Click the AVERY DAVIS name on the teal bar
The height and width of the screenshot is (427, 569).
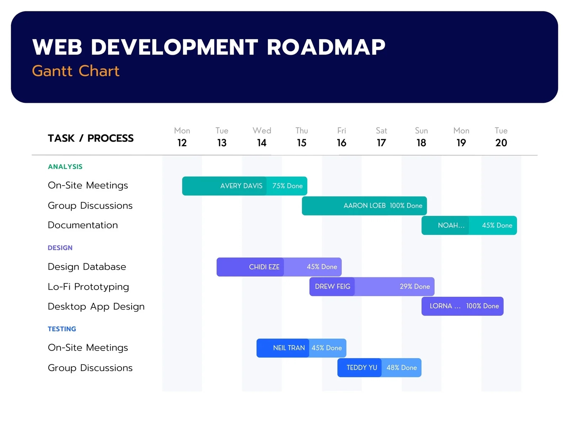click(241, 186)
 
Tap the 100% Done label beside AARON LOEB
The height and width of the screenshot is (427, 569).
click(406, 206)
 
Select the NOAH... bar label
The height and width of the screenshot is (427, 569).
click(451, 225)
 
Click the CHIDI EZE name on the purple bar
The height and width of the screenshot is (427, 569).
click(264, 267)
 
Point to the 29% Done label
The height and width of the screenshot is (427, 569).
click(414, 286)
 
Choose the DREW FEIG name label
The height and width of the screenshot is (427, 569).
click(333, 286)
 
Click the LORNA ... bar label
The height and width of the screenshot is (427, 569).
click(445, 306)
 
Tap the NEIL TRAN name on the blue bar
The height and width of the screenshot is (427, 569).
click(289, 348)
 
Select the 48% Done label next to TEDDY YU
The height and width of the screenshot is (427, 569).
click(402, 368)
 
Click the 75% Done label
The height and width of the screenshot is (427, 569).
click(287, 186)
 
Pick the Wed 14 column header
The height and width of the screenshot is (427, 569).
click(262, 137)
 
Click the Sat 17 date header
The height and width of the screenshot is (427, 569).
click(381, 137)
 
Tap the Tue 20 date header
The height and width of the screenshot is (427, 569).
click(501, 137)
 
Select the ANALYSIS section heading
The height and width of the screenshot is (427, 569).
click(65, 167)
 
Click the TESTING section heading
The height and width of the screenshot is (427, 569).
click(62, 329)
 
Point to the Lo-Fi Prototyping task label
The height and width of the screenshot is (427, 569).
click(88, 287)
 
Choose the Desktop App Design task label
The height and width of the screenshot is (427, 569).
click(96, 306)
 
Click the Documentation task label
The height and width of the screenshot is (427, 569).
click(83, 225)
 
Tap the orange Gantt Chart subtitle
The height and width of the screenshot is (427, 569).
click(75, 71)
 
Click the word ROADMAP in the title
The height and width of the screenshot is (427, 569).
click(326, 47)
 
